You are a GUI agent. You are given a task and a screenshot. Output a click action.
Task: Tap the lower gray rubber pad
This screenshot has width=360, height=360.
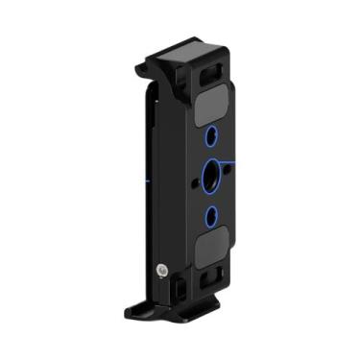(212, 252)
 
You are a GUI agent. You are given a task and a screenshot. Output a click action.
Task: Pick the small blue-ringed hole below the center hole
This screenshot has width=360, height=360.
(211, 213)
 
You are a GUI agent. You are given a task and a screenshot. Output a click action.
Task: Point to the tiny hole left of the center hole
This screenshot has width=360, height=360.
(197, 175)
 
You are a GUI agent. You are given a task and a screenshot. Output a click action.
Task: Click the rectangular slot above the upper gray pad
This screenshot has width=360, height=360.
(214, 68)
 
